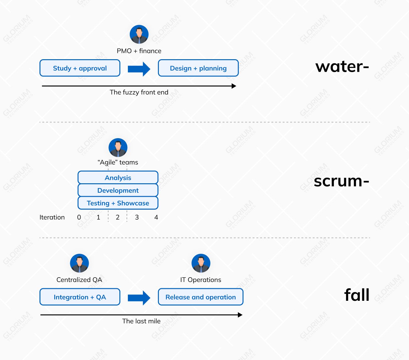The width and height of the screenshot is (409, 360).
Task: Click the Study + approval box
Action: [x=80, y=68]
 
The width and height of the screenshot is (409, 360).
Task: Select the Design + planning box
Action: [x=198, y=68]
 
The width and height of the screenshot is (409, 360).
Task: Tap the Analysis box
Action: [x=118, y=178]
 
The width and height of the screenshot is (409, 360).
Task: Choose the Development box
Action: [x=118, y=190]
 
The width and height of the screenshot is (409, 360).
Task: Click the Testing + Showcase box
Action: [x=118, y=203]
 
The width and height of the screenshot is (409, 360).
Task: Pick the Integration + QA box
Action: [x=80, y=297]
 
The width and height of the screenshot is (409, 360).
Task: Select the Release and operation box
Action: [x=201, y=297]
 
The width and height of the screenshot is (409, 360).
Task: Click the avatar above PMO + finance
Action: [x=139, y=34]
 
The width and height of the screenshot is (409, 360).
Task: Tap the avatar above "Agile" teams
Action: [x=118, y=148]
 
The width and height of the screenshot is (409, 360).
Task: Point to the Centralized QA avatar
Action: [x=79, y=263]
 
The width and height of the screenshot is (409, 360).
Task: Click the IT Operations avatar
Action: [x=201, y=263]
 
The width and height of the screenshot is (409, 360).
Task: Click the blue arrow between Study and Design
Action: [x=139, y=69]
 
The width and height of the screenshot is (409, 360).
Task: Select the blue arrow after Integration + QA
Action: [x=139, y=298]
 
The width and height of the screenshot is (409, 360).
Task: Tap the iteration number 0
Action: [x=79, y=217]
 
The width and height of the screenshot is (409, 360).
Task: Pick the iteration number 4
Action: [x=156, y=217]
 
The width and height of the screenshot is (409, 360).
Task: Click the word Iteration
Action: [x=52, y=217]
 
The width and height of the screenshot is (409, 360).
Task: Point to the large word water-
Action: [x=342, y=67]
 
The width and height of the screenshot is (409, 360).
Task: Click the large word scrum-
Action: [x=341, y=181]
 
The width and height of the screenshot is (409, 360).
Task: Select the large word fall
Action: [x=357, y=295]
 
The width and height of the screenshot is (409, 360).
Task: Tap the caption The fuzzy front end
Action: [x=139, y=92]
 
